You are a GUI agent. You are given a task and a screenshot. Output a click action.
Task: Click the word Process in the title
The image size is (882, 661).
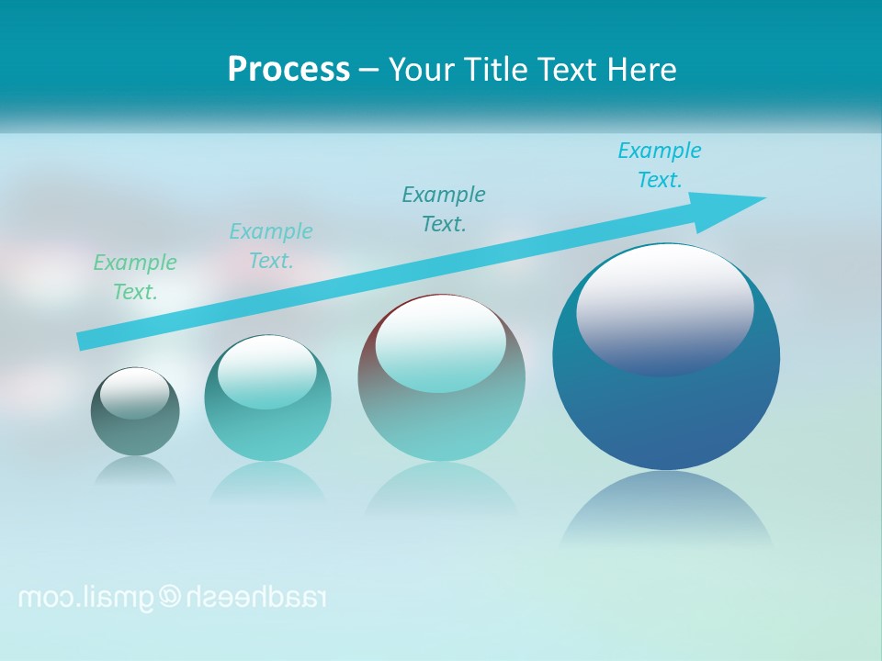click(x=288, y=70)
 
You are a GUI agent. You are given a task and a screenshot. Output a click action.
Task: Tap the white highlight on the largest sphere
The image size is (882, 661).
click(x=665, y=308)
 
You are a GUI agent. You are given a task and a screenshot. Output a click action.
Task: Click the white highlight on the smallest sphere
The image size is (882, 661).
click(x=135, y=394)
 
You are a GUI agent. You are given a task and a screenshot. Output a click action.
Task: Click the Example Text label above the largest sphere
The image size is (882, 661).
click(x=660, y=164)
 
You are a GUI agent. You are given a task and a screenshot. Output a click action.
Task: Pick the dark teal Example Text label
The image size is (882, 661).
click(x=444, y=208)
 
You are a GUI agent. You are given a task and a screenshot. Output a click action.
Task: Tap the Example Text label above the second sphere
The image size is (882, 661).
click(x=271, y=245)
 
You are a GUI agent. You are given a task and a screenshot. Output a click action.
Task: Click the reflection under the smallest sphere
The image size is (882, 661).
click(x=135, y=470)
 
